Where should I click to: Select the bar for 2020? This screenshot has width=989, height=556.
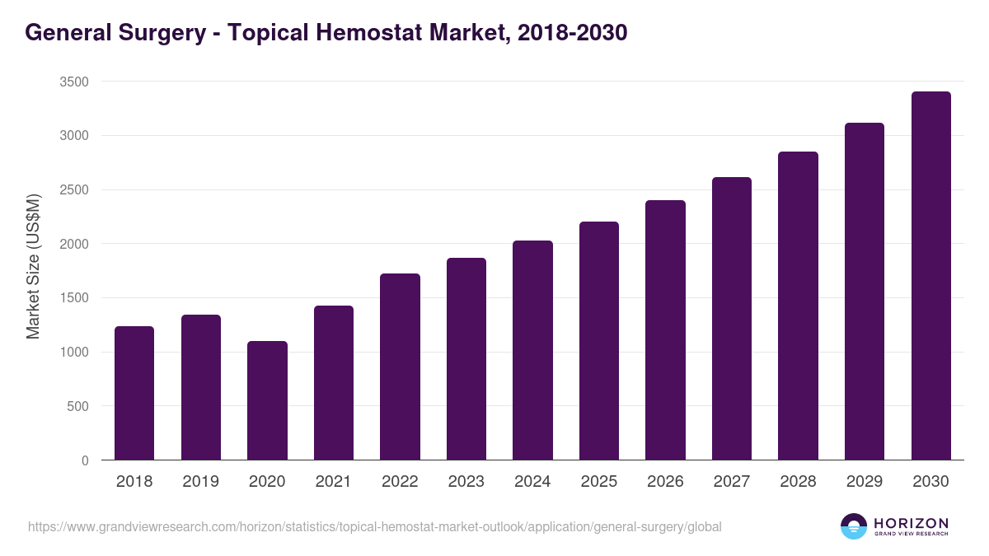pyautogui.click(x=267, y=400)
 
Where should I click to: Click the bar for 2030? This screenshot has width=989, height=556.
pyautogui.click(x=930, y=276)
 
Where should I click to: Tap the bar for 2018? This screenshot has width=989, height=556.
pyautogui.click(x=134, y=393)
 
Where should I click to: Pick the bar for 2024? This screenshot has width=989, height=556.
pyautogui.click(x=532, y=350)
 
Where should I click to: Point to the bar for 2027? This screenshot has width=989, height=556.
pyautogui.click(x=732, y=319)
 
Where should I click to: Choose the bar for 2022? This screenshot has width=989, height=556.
pyautogui.click(x=400, y=367)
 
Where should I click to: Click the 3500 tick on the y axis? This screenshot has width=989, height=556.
pyautogui.click(x=73, y=82)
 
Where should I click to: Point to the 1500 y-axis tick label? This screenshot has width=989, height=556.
pyautogui.click(x=73, y=298)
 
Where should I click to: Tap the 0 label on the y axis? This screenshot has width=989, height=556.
pyautogui.click(x=85, y=460)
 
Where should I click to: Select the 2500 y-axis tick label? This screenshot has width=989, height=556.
pyautogui.click(x=73, y=190)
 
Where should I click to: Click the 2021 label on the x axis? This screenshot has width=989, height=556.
pyautogui.click(x=333, y=482)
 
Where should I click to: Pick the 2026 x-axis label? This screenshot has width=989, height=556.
pyautogui.click(x=665, y=482)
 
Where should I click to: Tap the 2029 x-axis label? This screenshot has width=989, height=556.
pyautogui.click(x=865, y=482)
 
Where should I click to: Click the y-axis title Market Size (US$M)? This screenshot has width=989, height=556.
pyautogui.click(x=33, y=266)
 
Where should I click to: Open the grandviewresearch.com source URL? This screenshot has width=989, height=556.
pyautogui.click(x=375, y=526)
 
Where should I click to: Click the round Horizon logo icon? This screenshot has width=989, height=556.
pyautogui.click(x=854, y=526)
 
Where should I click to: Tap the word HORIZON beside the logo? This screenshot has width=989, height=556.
pyautogui.click(x=911, y=523)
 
